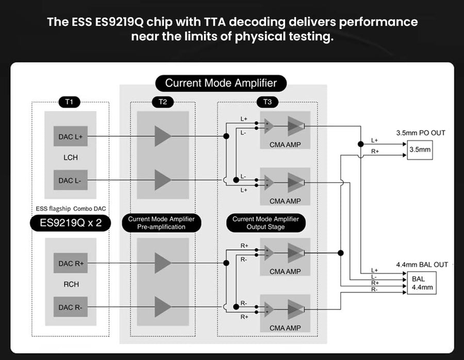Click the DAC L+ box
[70, 136]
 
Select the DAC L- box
[70, 180]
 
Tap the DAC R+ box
[70, 263]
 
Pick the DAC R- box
[70, 307]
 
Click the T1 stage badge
[69, 102]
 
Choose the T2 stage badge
[163, 102]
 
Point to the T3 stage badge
[267, 102]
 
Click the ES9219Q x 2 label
[70, 223]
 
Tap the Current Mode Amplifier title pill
[221, 83]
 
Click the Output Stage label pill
[266, 223]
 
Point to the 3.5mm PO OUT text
[421, 133]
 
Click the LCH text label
[70, 157]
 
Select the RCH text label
[70, 284]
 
